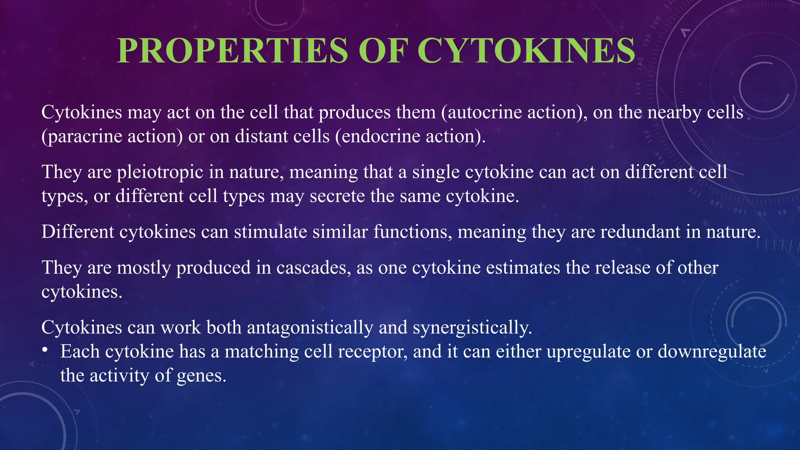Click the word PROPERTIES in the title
coord(232,51)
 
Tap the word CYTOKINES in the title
coord(526,51)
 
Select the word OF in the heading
coord(383,51)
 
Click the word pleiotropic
coord(160,172)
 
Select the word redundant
coord(640,232)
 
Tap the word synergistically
coord(472,327)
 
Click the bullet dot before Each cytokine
coord(46,350)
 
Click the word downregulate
coord(712,352)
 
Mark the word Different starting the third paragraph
coord(78,232)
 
